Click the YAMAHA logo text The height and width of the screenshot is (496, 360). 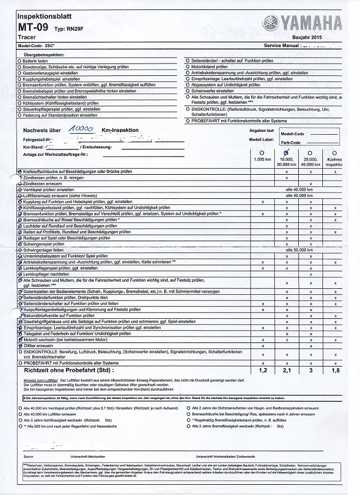[x=309, y=23]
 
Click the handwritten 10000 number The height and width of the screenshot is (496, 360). [x=80, y=128]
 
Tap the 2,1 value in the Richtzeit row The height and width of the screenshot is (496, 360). [x=286, y=371]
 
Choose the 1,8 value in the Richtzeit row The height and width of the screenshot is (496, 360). [x=335, y=371]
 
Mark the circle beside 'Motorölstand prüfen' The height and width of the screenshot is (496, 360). [x=187, y=67]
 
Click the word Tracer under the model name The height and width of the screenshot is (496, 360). [x=27, y=38]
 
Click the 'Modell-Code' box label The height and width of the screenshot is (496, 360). [x=311, y=134]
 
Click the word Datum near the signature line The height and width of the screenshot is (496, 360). [x=28, y=456]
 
